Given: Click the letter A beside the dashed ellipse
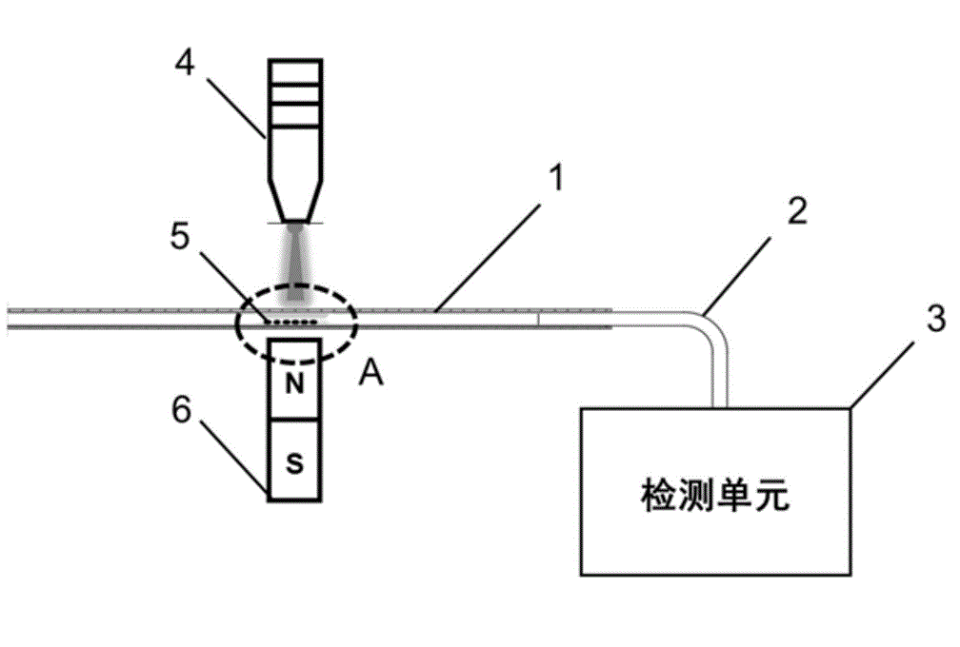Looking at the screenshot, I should click(x=372, y=377).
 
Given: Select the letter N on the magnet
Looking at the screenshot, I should click(x=295, y=384).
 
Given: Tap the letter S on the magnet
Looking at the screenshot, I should click(x=295, y=463).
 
